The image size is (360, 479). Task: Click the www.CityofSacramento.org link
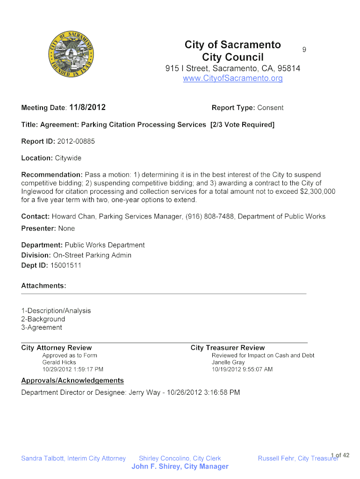(233, 79)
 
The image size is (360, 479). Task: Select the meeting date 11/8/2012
(87, 108)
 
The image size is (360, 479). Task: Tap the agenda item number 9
(304, 49)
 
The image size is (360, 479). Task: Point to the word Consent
(270, 108)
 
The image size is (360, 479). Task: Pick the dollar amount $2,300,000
(317, 192)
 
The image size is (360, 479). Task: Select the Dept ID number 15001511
(65, 266)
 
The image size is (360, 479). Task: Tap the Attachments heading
(43, 285)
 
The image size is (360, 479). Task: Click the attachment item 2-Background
(43, 319)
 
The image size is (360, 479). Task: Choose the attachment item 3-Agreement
(42, 327)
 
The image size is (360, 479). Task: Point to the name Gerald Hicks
(59, 363)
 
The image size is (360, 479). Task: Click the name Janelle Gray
(228, 363)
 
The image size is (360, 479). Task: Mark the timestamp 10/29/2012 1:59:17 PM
(72, 370)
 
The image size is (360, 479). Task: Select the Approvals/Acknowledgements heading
(72, 381)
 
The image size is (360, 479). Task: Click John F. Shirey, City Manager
(180, 466)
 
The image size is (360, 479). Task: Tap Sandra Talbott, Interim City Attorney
(73, 458)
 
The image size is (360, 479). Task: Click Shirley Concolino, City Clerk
(180, 458)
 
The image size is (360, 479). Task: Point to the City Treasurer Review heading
(228, 348)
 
